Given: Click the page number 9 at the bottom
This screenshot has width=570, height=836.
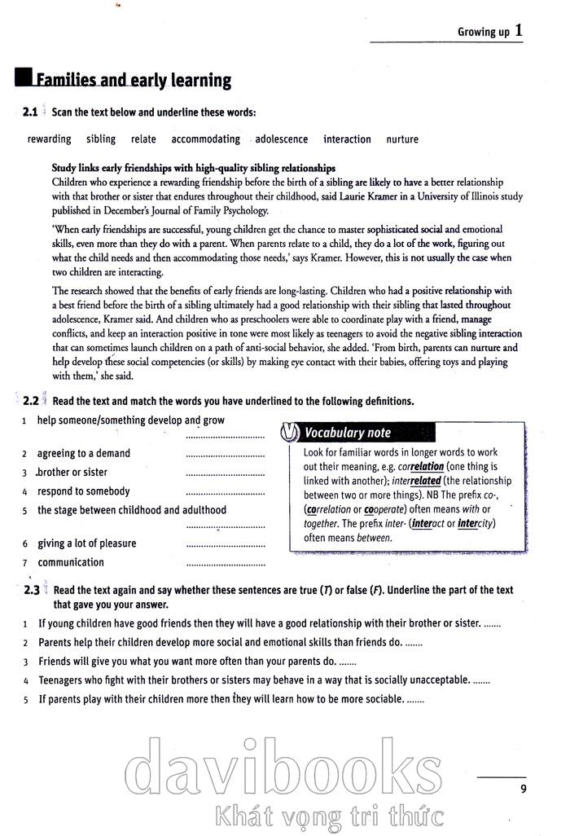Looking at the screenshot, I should [x=523, y=788].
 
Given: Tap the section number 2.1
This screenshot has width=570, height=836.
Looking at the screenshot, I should [x=30, y=112].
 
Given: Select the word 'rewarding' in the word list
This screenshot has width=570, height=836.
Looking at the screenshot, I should [x=49, y=139].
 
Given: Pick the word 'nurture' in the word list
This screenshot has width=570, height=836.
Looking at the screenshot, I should [x=402, y=139].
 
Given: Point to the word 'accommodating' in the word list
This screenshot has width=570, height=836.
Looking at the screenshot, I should [x=205, y=139].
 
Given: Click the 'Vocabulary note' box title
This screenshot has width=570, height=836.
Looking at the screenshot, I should [x=348, y=433].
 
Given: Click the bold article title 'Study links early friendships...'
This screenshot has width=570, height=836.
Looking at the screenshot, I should [x=193, y=168].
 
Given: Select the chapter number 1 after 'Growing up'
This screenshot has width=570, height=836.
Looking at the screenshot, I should [x=519, y=31].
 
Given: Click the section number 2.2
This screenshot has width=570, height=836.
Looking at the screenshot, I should [x=30, y=401].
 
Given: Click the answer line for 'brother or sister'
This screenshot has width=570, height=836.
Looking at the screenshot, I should [x=225, y=474].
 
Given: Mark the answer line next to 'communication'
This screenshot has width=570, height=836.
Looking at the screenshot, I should [x=225, y=565].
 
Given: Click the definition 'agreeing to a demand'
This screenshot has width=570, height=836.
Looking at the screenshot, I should [x=84, y=453].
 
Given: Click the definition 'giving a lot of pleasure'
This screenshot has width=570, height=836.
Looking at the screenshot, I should [x=87, y=543].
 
